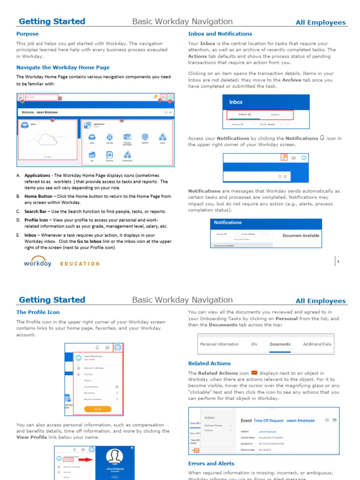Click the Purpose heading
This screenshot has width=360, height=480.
click(x=28, y=34)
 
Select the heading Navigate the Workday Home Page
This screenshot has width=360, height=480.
click(x=63, y=67)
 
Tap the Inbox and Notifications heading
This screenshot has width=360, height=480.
click(x=220, y=34)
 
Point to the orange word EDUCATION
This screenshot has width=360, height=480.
click(x=80, y=264)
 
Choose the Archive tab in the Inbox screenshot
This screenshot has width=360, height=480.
click(x=275, y=114)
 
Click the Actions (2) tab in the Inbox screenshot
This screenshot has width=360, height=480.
click(x=244, y=114)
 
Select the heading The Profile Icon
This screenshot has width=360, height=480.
click(x=38, y=312)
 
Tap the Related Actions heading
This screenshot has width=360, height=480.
click(x=209, y=363)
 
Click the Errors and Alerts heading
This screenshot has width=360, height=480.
click(x=211, y=464)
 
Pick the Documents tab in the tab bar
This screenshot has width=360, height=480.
click(x=280, y=344)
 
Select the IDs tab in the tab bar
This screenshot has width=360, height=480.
click(x=254, y=344)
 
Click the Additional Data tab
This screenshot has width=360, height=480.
click(x=317, y=344)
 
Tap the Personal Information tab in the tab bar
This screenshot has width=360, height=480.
click(x=219, y=344)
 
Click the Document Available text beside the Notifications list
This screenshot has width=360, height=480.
click(x=301, y=236)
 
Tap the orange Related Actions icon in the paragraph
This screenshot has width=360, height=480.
click(x=255, y=373)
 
